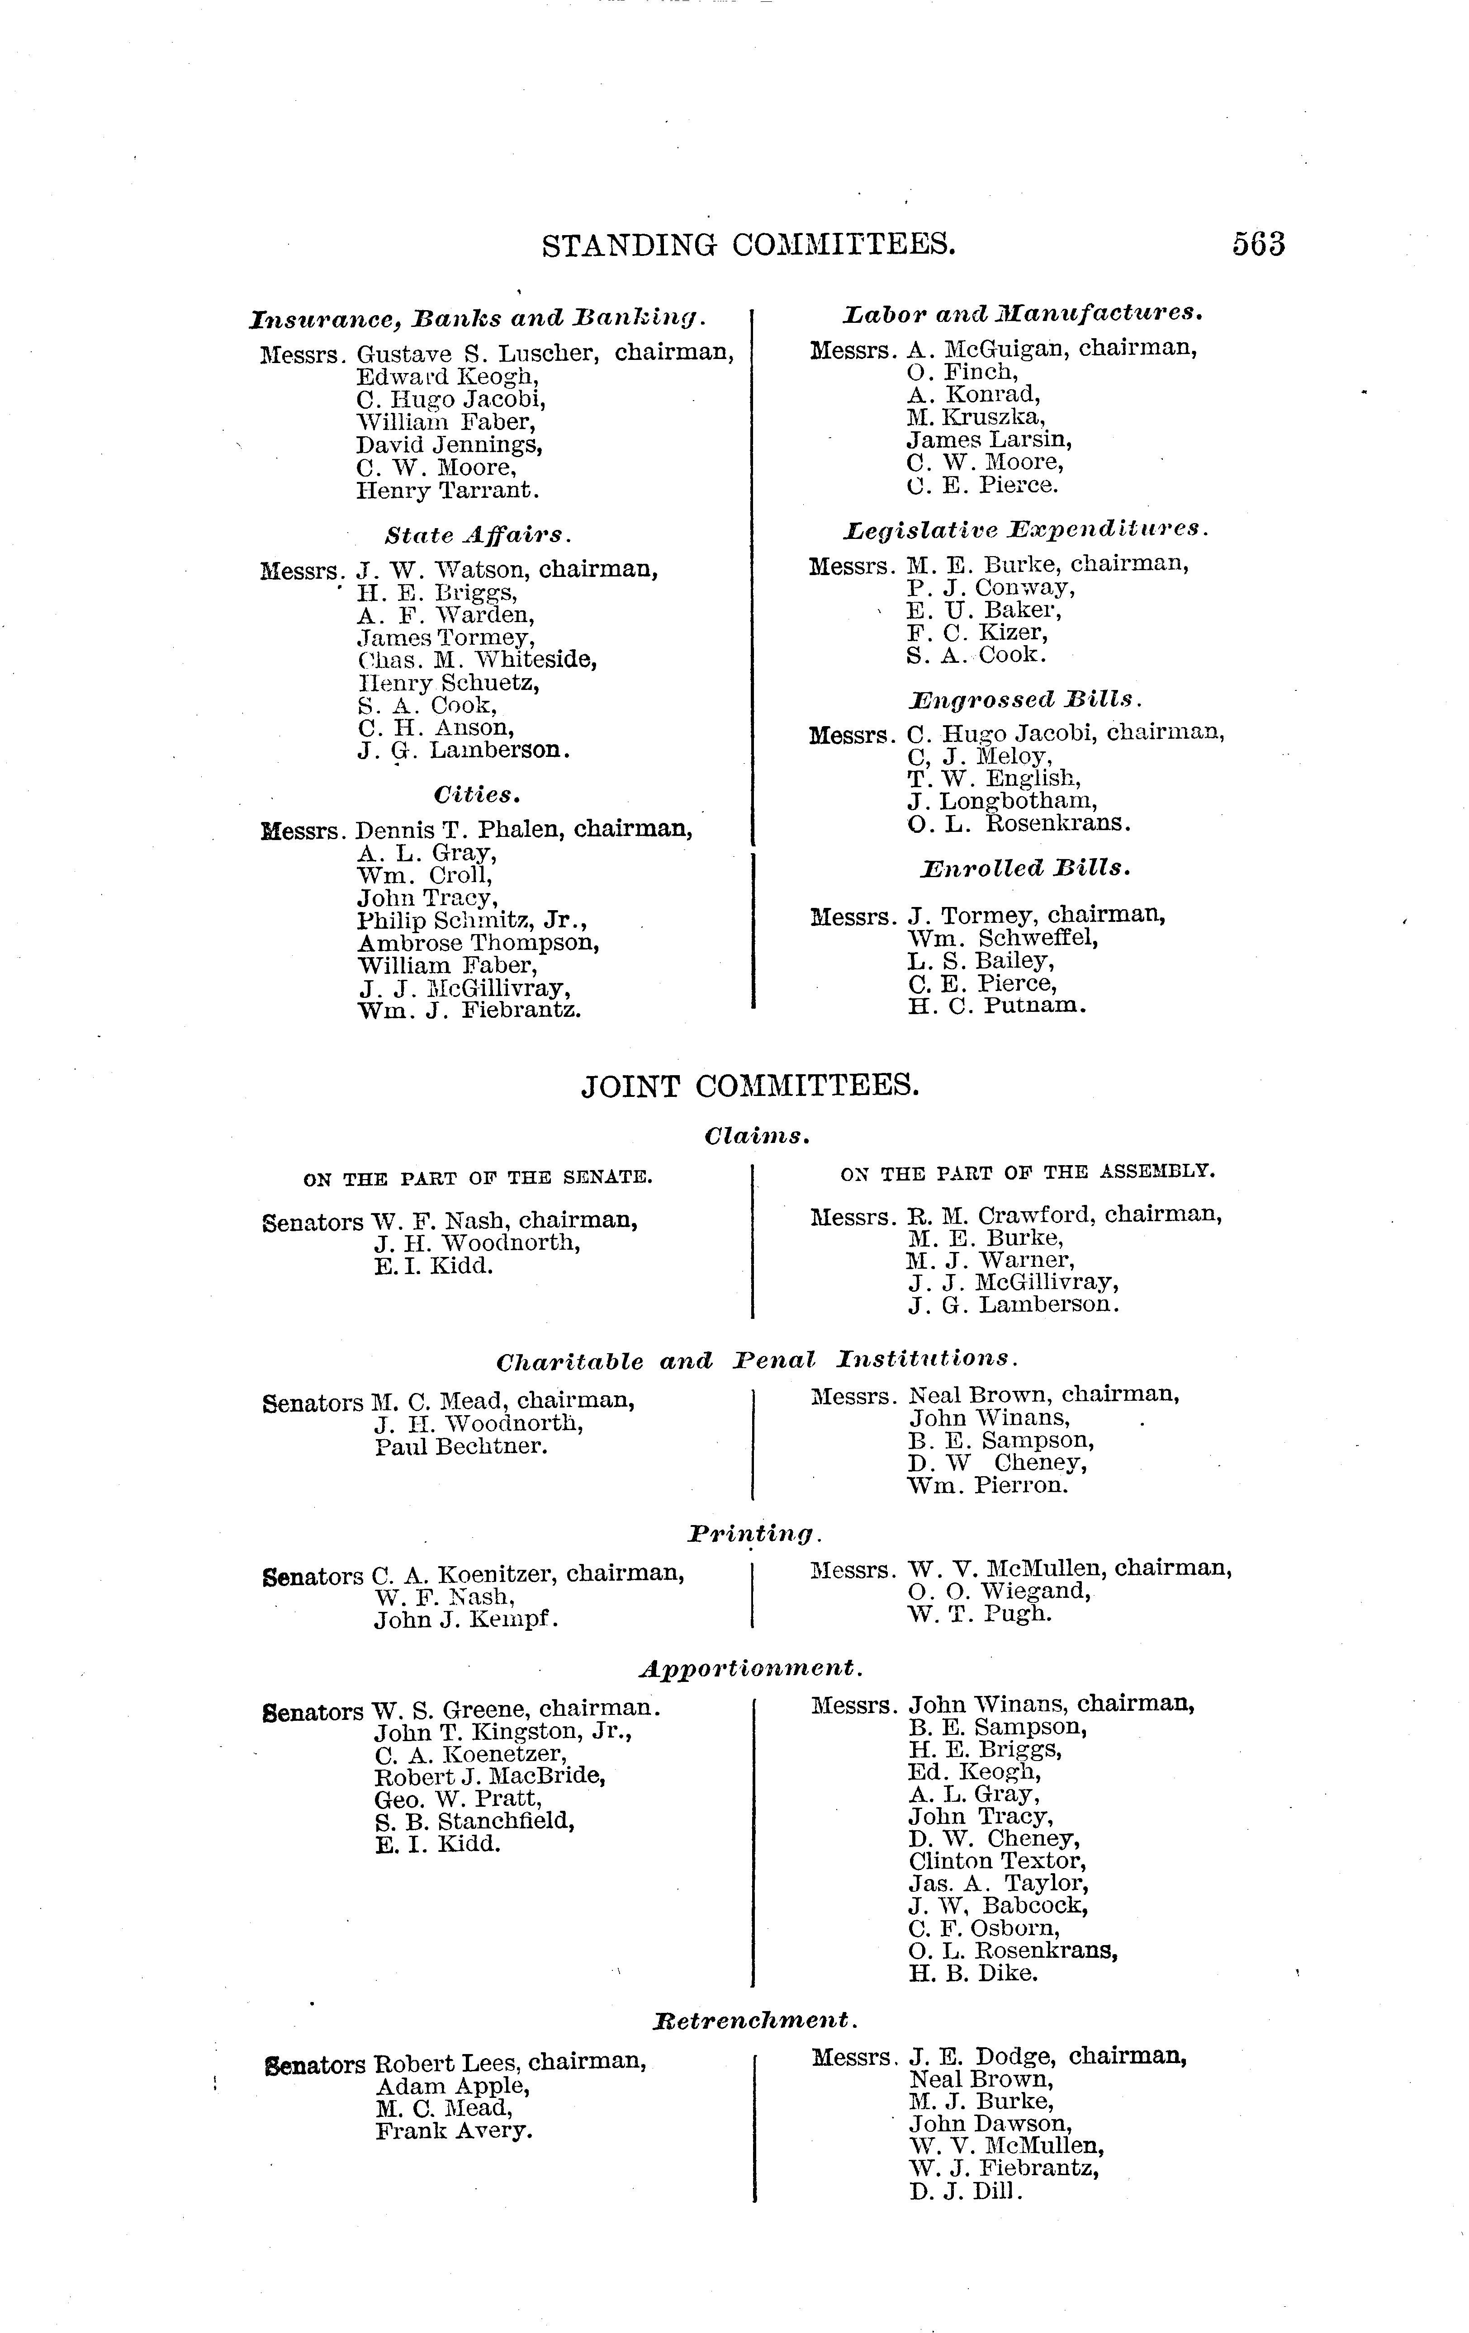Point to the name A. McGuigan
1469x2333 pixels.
pos(985,349)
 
